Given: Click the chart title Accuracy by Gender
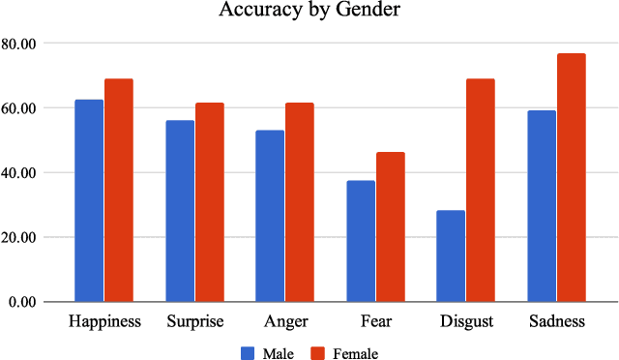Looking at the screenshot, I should tap(309, 11).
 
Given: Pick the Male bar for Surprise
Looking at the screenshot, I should tap(180, 211).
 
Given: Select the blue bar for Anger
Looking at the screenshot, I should tap(270, 216).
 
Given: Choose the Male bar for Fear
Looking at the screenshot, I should tap(361, 241).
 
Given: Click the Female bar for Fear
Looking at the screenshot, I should tap(391, 226).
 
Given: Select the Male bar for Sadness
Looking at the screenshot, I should tap(542, 206).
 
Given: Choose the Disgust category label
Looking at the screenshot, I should tap(466, 321).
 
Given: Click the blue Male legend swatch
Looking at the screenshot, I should tap(248, 352).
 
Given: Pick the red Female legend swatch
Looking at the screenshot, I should tap(317, 352).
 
